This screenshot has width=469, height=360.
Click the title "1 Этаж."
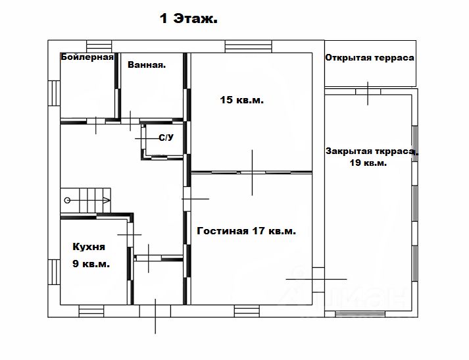pos(189,18)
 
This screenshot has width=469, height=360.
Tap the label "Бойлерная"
pos(87,57)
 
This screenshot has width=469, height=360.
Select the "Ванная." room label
pos(147,64)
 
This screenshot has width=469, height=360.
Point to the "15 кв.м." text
pos(241,99)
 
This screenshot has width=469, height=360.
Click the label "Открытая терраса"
pos(370,57)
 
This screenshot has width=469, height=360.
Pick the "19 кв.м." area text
pos(368,163)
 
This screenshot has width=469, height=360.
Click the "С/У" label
pos(166,138)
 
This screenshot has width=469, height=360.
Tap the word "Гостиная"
pos(222,231)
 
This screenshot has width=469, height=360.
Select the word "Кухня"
pos(89,247)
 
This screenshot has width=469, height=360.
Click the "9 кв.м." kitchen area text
pos(91,264)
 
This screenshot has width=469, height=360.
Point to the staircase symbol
pos(86,200)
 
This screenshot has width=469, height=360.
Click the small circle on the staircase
pos(67,200)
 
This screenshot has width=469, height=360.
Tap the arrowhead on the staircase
pos(107,200)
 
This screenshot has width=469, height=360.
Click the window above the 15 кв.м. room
pos(249,46)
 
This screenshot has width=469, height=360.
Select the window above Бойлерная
pos(99,46)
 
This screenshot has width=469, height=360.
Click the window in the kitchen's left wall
pos(54,272)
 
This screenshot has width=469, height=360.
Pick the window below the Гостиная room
pos(247,311)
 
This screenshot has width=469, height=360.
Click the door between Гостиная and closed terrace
pos(318,280)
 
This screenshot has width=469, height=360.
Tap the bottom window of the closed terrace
pos(360,314)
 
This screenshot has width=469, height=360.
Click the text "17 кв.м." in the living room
pos(274,231)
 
